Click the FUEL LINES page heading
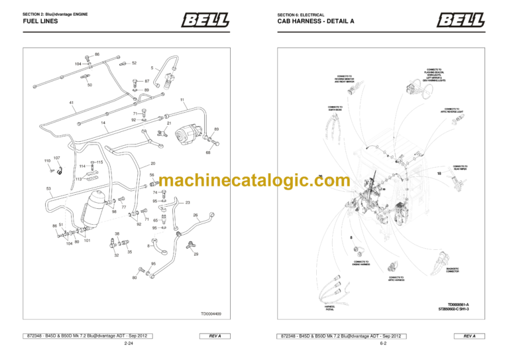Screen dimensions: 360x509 click(40, 21)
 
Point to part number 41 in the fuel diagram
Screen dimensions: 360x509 click(72, 103)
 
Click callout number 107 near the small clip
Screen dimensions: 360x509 click(57, 158)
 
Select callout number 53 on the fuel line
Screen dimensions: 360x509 click(48, 189)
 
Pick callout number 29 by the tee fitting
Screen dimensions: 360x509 click(196, 254)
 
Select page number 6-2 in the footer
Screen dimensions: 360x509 click(383, 345)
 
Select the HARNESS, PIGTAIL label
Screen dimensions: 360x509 click(329, 307)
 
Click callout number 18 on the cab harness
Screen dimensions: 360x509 click(439, 173)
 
